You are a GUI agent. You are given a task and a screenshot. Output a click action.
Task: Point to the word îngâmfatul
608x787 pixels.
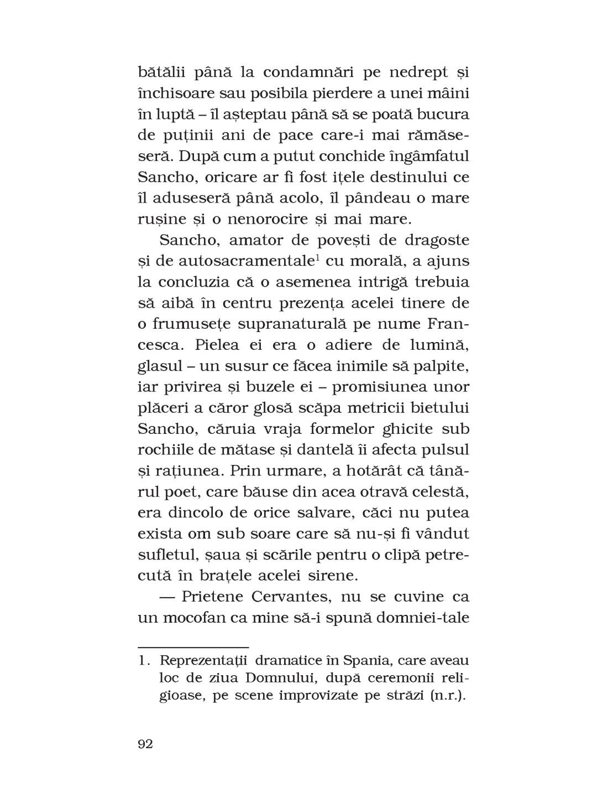[426, 156]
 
